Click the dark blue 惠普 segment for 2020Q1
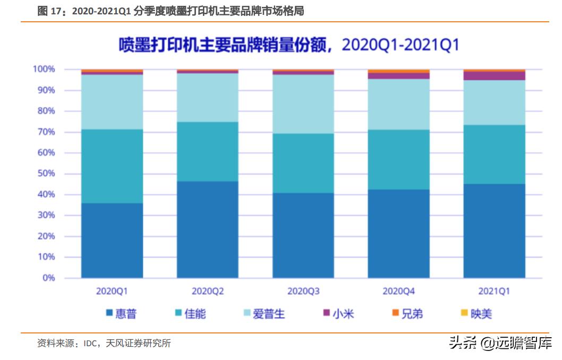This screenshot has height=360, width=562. tap(112, 241)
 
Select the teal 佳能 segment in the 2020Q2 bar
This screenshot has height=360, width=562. tap(207, 152)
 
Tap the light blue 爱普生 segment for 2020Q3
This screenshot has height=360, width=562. tap(303, 104)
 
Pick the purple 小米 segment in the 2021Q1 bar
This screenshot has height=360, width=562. tap(494, 76)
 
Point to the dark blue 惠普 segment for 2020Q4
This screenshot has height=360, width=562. tap(398, 234)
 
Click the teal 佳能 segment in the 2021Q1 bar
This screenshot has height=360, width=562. tap(494, 155)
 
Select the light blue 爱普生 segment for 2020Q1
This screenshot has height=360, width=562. tap(112, 102)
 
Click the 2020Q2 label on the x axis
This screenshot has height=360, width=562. tap(207, 291)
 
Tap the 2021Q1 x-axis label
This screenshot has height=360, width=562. tap(494, 291)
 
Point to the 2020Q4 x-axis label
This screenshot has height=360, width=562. tap(398, 291)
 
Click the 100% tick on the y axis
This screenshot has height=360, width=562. tap(44, 70)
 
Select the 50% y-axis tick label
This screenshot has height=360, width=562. tap(46, 174)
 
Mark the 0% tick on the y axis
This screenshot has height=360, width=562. tap(48, 278)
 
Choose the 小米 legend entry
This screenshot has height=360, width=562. tap(338, 314)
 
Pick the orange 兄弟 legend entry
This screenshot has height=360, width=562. tap(407, 314)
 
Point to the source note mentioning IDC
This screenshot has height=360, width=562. tap(104, 344)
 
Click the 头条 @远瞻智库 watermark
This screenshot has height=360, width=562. tap(500, 343)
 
